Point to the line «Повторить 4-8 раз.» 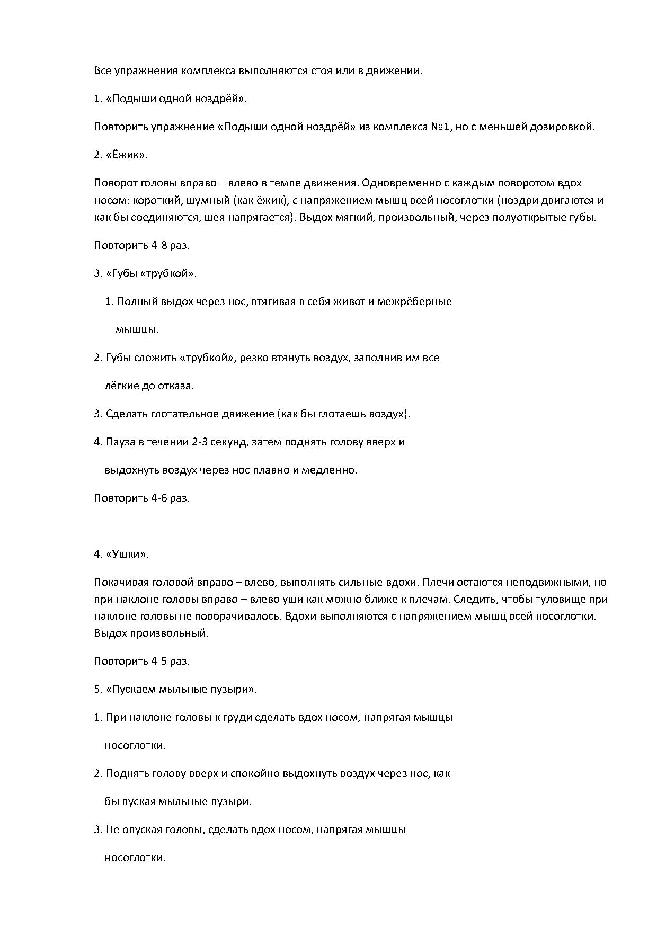pos(141,245)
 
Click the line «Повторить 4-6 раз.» pos(141,498)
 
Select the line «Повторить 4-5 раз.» pos(141,661)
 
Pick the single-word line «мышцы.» pos(137,329)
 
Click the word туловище pos(559,600)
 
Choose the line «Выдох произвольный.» pos(151,633)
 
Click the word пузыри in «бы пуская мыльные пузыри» pos(234,801)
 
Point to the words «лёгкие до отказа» pos(149,386)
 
